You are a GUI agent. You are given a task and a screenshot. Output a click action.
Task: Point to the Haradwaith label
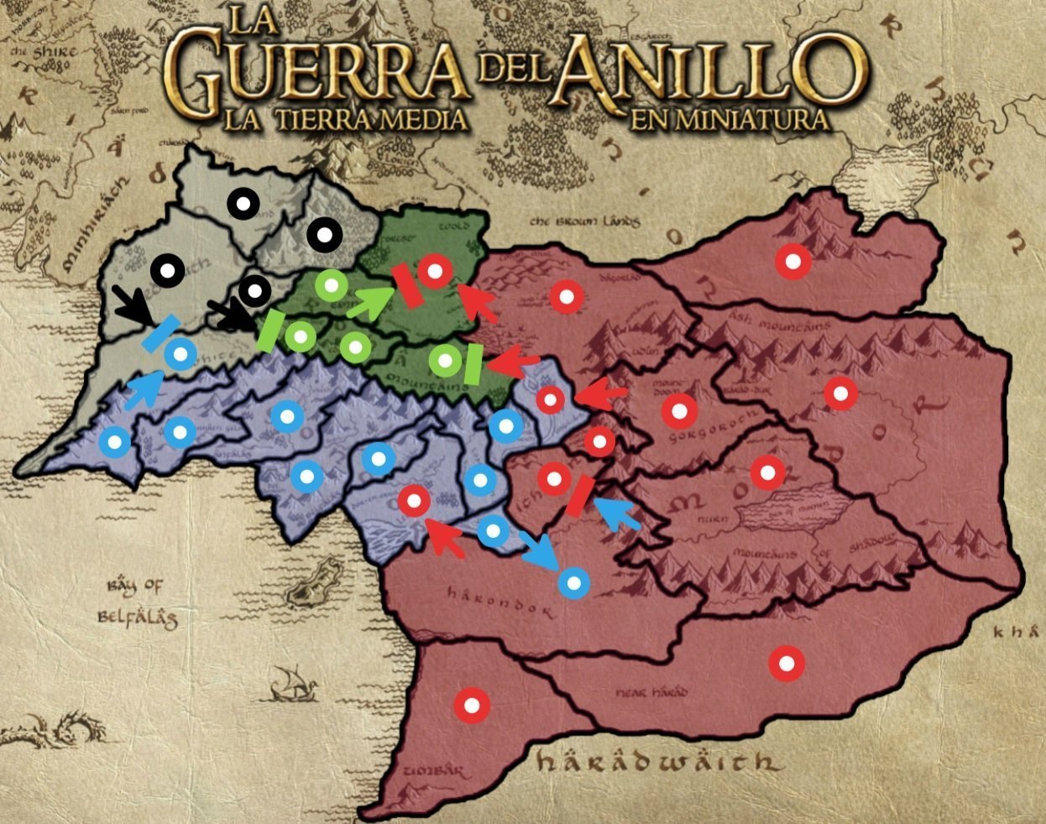[655, 762]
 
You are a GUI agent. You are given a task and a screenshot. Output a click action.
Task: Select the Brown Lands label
[585, 222]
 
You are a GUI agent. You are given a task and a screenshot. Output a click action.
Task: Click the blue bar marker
[160, 333]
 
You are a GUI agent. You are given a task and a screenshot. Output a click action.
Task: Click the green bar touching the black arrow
[270, 330]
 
